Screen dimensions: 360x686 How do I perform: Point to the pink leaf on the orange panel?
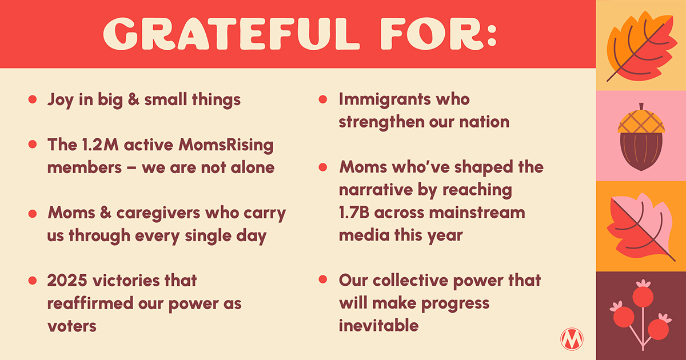click(x=640, y=225)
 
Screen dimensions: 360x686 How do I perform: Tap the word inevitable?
click(x=378, y=326)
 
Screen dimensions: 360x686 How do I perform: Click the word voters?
click(x=72, y=326)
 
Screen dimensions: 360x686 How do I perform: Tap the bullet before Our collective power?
click(x=323, y=281)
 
